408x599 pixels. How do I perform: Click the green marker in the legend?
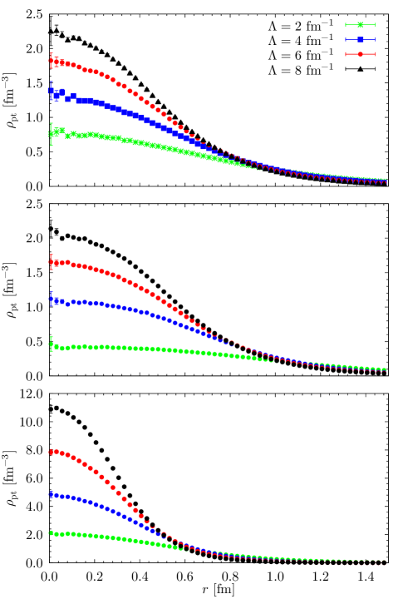pos(360,25)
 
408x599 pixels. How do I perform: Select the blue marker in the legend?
pos(360,40)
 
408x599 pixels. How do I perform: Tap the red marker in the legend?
pos(360,54)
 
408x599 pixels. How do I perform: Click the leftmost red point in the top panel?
pos(52,61)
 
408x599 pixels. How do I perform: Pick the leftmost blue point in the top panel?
pos(52,91)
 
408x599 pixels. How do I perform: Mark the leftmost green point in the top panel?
pos(52,133)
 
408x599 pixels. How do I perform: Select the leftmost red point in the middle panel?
pos(52,262)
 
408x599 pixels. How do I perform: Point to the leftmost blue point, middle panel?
pos(52,299)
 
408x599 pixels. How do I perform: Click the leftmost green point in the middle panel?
pos(52,344)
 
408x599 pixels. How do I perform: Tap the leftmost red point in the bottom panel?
pos(52,452)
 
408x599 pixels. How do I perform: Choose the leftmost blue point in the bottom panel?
pos(52,494)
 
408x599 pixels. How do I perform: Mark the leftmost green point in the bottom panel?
pos(52,532)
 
